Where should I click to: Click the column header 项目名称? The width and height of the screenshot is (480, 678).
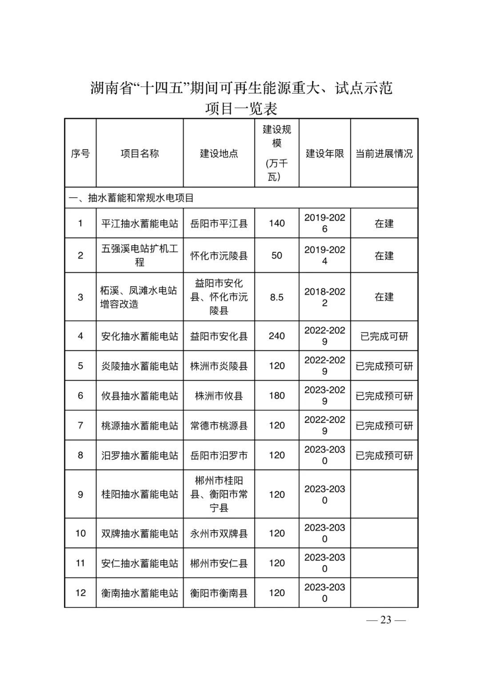click(140, 153)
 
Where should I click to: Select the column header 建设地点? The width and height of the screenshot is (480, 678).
click(219, 153)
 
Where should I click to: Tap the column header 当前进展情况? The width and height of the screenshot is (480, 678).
click(384, 153)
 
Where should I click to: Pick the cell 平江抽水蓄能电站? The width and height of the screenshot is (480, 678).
click(140, 223)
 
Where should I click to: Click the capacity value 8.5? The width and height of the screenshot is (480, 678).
click(276, 297)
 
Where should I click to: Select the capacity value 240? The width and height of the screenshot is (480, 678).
click(276, 336)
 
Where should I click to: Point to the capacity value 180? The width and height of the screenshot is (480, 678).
click(276, 395)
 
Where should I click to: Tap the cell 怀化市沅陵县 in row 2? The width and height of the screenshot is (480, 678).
click(219, 255)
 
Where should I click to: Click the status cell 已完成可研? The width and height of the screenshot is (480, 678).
click(384, 336)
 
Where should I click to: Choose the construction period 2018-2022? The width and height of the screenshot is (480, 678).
click(324, 297)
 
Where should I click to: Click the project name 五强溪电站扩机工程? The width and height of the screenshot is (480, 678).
click(140, 255)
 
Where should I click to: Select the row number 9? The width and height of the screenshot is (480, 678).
click(80, 494)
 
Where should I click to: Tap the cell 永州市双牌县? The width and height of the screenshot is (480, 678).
click(219, 533)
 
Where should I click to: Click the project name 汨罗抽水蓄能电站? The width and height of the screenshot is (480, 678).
click(140, 455)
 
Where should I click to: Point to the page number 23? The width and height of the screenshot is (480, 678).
click(385, 620)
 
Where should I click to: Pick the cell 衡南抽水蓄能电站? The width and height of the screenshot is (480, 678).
click(140, 593)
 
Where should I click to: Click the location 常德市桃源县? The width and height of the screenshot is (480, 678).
click(219, 425)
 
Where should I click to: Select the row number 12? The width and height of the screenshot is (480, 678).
click(80, 593)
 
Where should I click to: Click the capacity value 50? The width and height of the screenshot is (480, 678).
click(276, 255)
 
